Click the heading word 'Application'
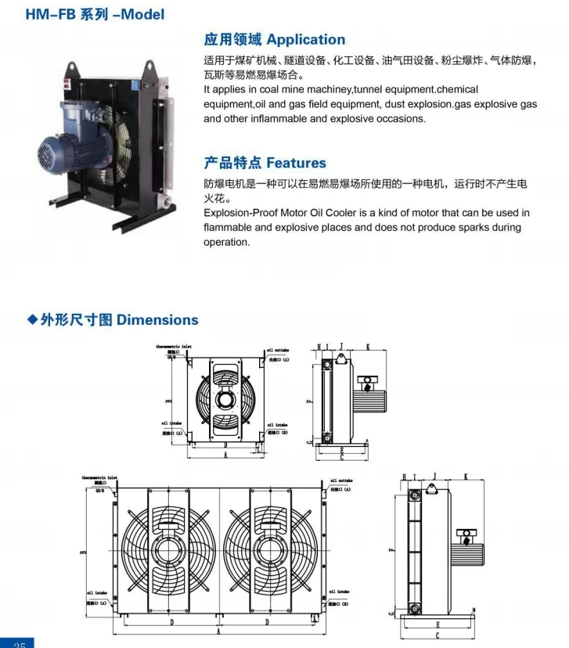tap(305, 40)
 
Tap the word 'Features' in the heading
tap(296, 163)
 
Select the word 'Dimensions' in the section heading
tap(157, 319)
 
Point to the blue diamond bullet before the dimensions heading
tap(32, 319)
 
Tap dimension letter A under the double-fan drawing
tap(218, 636)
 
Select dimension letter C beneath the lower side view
tap(436, 635)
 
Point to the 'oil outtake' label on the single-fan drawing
tap(278, 351)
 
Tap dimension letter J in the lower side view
tap(434, 476)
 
